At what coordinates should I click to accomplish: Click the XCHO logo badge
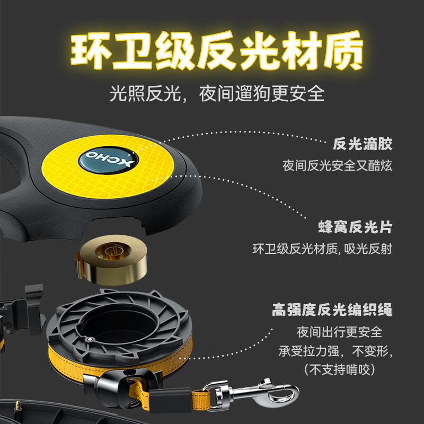(x=109, y=159)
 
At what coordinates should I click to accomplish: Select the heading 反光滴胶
(x=363, y=144)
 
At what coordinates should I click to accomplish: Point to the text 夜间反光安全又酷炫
(x=337, y=165)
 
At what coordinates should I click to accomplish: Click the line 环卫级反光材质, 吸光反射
(x=322, y=249)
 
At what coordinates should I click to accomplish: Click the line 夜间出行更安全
(x=339, y=333)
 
